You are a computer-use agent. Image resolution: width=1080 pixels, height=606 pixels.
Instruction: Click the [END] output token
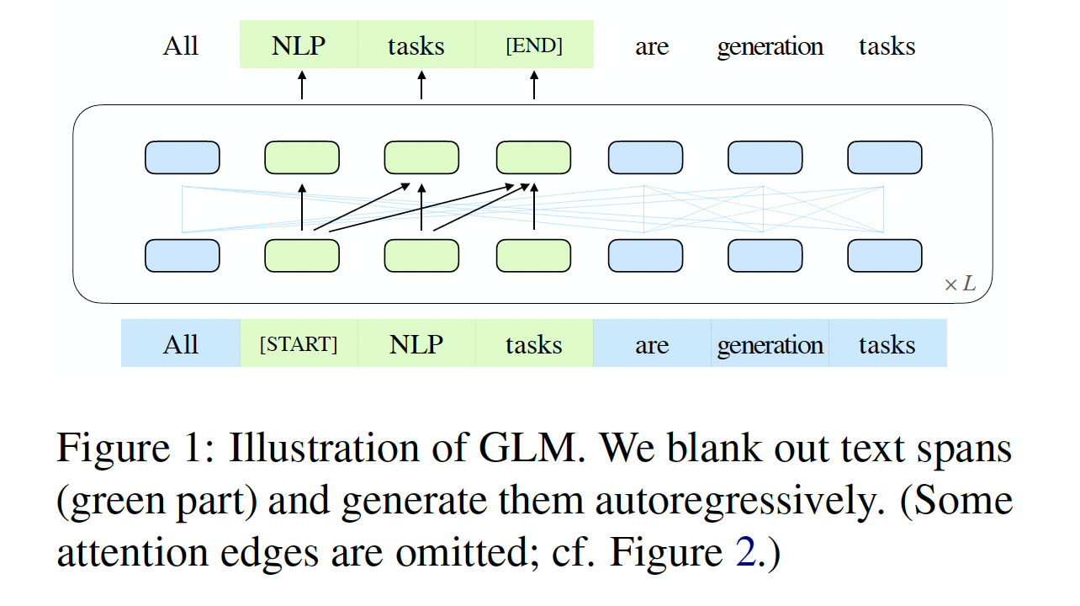pos(534,45)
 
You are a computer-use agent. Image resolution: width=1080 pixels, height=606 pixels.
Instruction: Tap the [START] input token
pos(299,344)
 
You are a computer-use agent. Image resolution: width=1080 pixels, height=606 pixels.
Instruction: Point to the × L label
pos(960,284)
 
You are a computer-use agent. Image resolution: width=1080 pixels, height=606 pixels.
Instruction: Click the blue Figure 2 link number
pos(745,554)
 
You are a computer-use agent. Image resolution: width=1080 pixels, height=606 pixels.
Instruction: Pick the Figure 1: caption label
pos(135,449)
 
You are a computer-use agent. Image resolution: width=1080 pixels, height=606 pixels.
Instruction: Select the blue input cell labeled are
pos(652,344)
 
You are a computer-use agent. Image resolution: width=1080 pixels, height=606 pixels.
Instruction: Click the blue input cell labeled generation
pos(770,344)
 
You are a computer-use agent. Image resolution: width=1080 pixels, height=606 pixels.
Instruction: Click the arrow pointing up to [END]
pos(534,86)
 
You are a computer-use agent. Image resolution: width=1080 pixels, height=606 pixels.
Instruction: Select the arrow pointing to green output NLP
pos(302,86)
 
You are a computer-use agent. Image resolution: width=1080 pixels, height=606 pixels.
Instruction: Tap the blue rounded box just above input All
pos(183,256)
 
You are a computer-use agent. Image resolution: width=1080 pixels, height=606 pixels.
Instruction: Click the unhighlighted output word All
pos(181,45)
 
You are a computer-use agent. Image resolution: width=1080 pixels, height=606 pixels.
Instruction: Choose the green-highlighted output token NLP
pos(299,45)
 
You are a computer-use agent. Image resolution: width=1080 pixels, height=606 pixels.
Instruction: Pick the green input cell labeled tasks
pos(534,344)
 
